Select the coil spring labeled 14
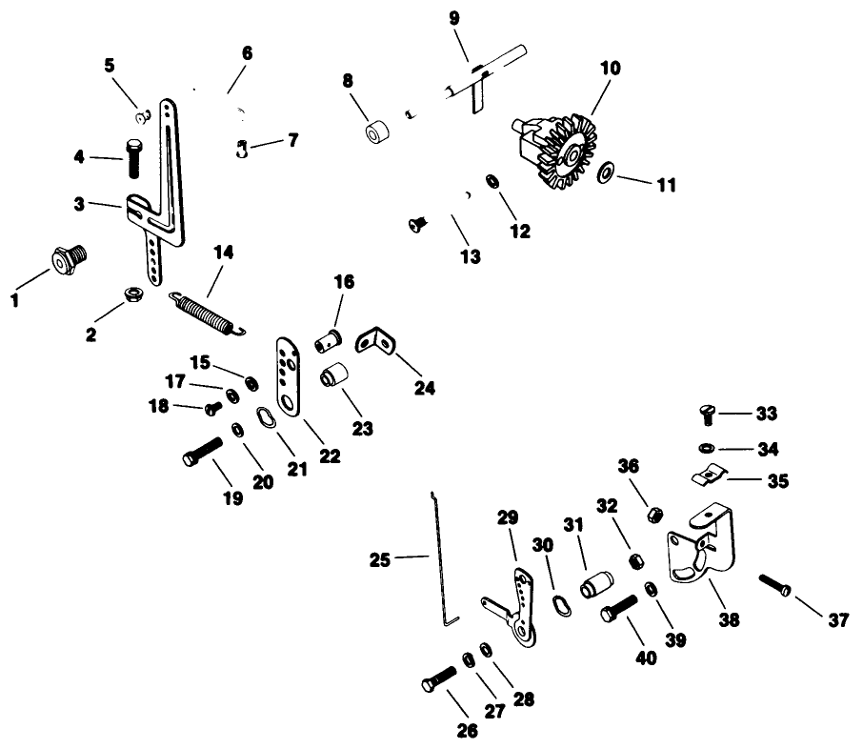[x=208, y=314]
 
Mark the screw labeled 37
[x=773, y=583]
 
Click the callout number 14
[x=223, y=253]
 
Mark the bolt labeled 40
[x=618, y=608]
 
